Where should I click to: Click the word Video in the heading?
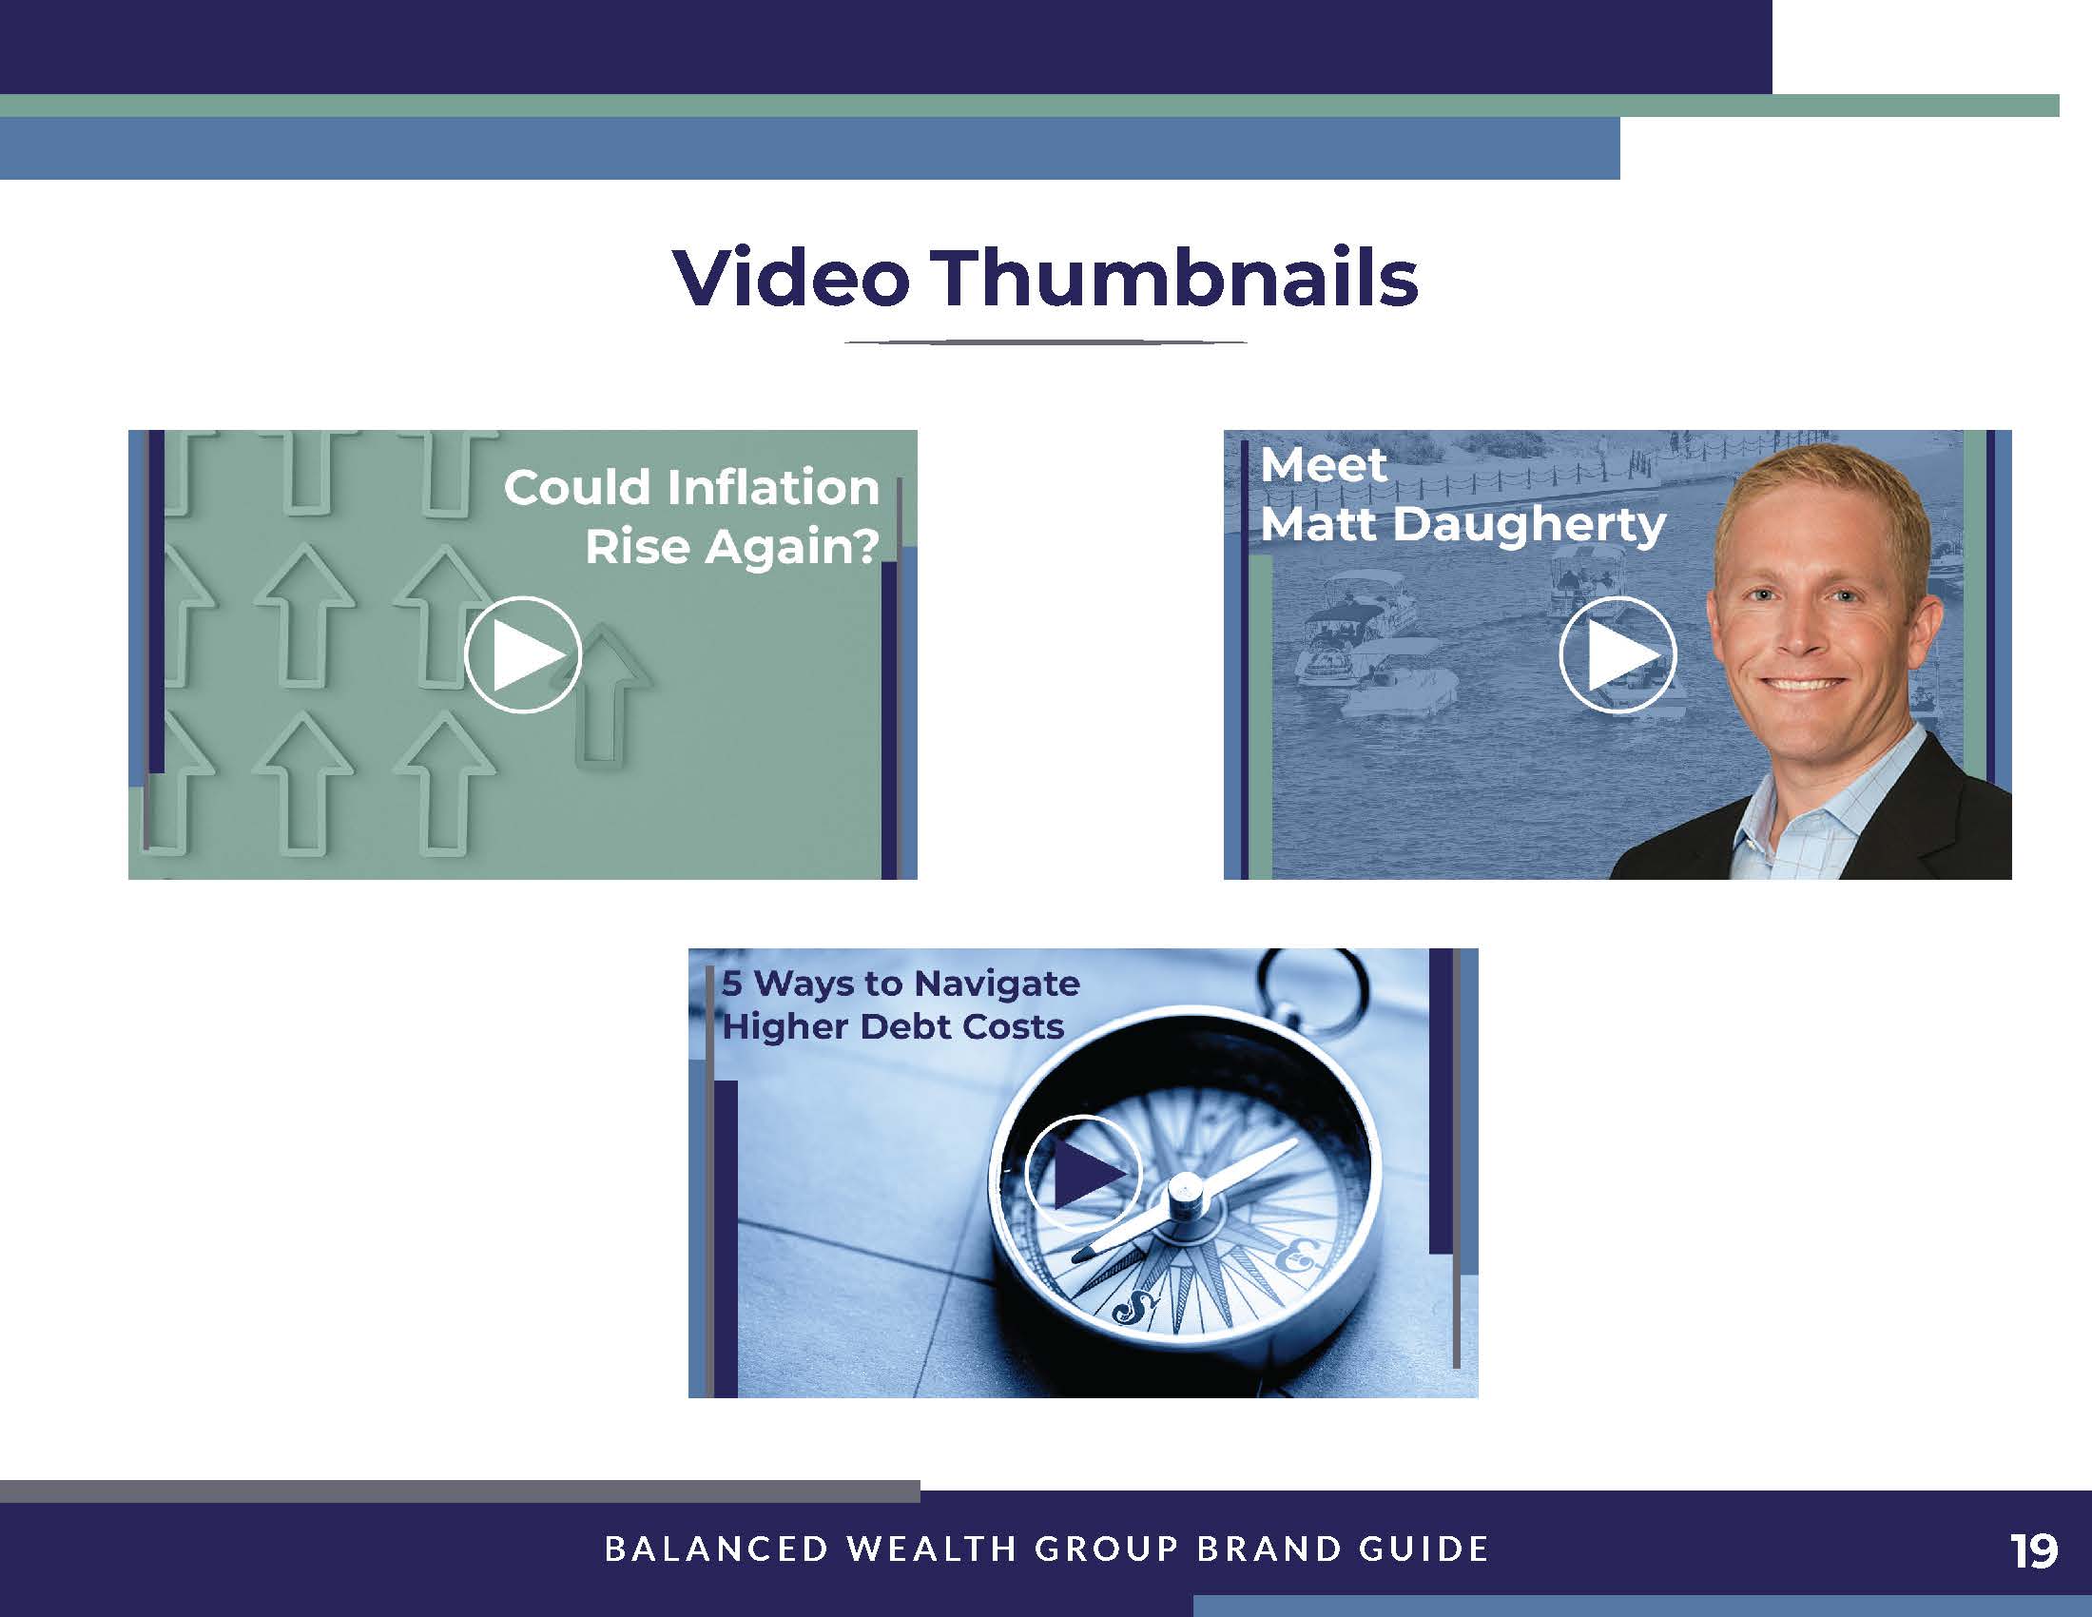791,278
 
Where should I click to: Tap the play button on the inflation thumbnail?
523,655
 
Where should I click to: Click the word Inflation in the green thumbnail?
772,488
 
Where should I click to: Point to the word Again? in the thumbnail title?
792,548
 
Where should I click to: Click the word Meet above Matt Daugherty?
1324,465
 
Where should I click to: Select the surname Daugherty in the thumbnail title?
1530,526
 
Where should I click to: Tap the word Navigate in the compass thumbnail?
998,984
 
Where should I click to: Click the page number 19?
2034,1550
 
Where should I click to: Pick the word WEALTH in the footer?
932,1549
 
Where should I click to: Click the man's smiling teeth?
1805,685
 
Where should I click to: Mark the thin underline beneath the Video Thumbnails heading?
1045,342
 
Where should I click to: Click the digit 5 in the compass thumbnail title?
732,983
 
